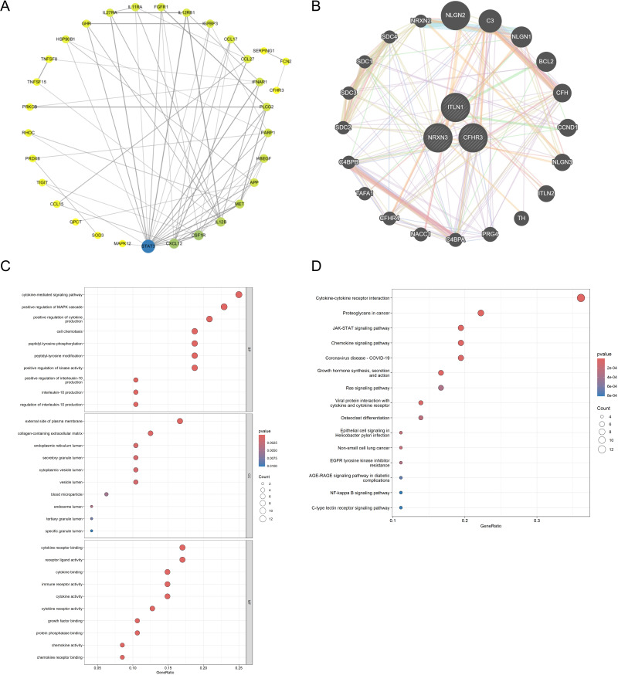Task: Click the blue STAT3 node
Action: (148, 246)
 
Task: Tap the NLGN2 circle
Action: (453, 16)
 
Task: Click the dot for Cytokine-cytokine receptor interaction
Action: (581, 298)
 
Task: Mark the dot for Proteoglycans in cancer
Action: (480, 313)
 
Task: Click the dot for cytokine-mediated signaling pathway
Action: (239, 294)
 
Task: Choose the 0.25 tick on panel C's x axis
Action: (239, 666)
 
